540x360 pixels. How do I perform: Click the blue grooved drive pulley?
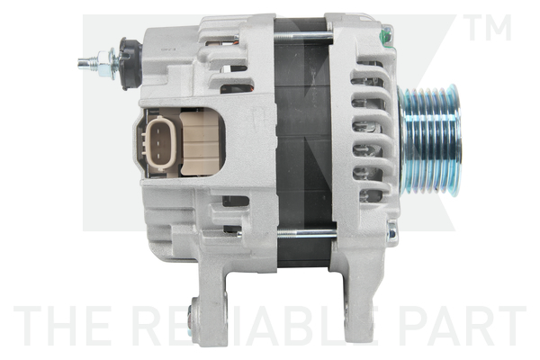(x=431, y=139)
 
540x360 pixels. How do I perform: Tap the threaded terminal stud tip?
(x=83, y=63)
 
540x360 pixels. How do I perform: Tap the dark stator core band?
(x=301, y=135)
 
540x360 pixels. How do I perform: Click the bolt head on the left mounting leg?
(x=190, y=316)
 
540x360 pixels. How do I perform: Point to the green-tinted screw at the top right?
(x=386, y=35)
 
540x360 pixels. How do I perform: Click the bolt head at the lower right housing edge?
(x=390, y=234)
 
